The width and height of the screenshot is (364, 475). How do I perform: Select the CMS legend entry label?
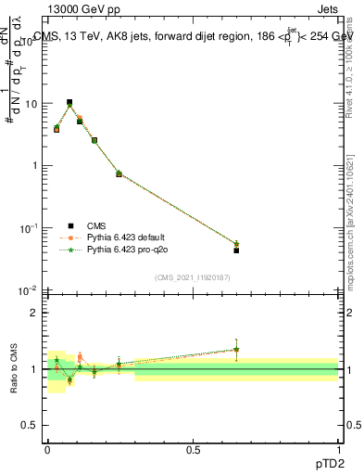pyautogui.click(x=96, y=225)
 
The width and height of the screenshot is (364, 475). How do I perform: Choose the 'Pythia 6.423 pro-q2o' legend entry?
pyautogui.click(x=131, y=250)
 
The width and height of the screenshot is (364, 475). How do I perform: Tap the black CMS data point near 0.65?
pyautogui.click(x=236, y=250)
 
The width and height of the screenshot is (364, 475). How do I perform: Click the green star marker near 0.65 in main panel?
pyautogui.click(x=236, y=243)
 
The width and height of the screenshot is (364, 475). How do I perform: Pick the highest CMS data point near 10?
pyautogui.click(x=69, y=102)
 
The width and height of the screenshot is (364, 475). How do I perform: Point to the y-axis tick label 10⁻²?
pyautogui.click(x=28, y=290)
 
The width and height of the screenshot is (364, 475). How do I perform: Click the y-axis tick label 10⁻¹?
pyautogui.click(x=28, y=228)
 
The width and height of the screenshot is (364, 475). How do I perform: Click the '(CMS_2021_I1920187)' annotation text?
pyautogui.click(x=193, y=277)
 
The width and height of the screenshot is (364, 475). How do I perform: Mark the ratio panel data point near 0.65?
pyautogui.click(x=236, y=350)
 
